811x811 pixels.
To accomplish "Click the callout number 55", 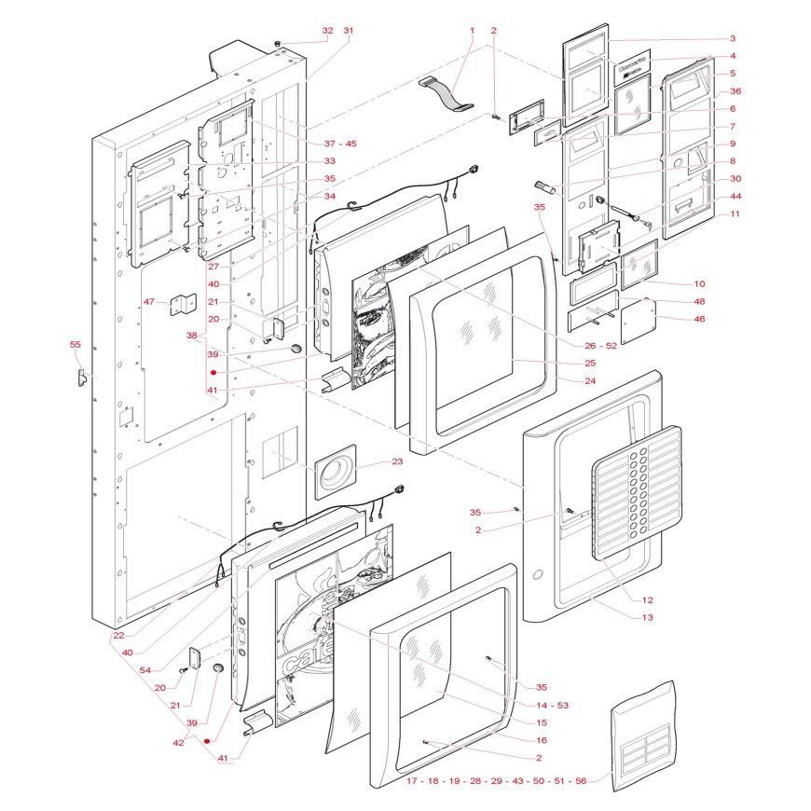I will point(76,345).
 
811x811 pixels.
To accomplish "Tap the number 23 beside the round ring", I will point(397,461).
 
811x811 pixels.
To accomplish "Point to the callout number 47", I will point(148,302).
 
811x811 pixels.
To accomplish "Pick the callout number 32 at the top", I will point(326,31).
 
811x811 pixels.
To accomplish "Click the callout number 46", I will point(698,319).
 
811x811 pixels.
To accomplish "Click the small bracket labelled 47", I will point(185,305).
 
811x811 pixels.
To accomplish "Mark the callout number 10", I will point(699,283).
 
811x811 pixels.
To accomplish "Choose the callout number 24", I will point(589,380).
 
